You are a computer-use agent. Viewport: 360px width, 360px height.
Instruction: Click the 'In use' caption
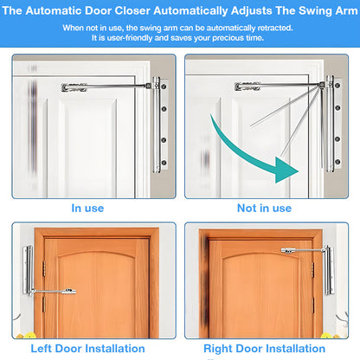pyautogui.click(x=87, y=209)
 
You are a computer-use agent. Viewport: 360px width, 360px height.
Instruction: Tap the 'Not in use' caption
pyautogui.click(x=264, y=209)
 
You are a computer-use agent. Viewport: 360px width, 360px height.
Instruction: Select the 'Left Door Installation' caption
pyautogui.click(x=87, y=349)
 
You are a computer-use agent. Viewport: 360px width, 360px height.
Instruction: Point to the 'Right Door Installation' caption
pyautogui.click(x=264, y=349)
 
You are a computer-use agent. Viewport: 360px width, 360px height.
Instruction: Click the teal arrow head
pyautogui.click(x=286, y=170)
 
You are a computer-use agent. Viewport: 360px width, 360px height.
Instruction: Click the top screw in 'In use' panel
pyautogui.click(x=164, y=87)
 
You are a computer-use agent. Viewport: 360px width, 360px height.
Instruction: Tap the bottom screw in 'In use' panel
pyautogui.click(x=164, y=163)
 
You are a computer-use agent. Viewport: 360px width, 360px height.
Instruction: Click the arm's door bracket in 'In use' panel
pyautogui.click(x=74, y=87)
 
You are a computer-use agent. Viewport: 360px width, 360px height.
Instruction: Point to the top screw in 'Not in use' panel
pyautogui.click(x=337, y=85)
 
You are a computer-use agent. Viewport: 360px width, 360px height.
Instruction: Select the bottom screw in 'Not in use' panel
pyautogui.click(x=337, y=162)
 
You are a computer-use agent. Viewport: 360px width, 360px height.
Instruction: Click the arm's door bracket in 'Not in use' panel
pyautogui.click(x=247, y=87)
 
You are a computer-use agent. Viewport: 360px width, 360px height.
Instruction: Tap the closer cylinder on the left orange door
pyautogui.click(x=29, y=270)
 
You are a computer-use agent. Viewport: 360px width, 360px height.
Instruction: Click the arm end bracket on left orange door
pyautogui.click(x=70, y=292)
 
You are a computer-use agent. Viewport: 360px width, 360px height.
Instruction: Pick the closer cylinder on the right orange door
pyautogui.click(x=328, y=270)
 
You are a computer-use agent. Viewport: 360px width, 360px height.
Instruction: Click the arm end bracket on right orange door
pyautogui.click(x=287, y=251)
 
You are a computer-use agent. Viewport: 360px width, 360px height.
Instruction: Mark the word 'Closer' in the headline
pyautogui.click(x=132, y=11)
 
